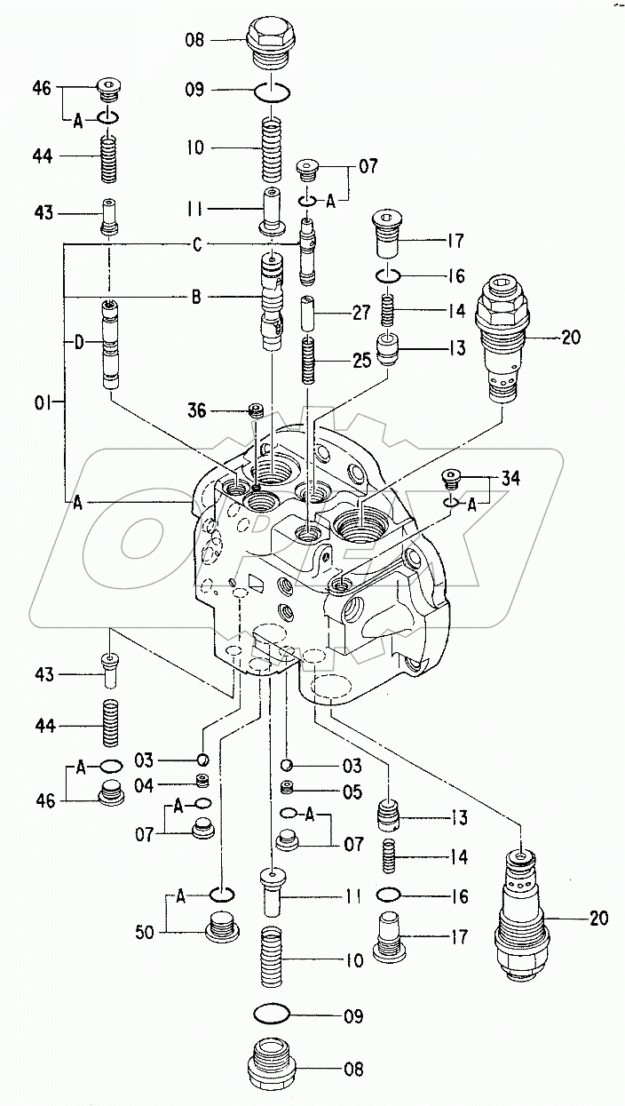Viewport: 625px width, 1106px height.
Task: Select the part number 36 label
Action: [x=196, y=410]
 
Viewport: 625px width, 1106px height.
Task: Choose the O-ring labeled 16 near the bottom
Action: [x=388, y=895]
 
